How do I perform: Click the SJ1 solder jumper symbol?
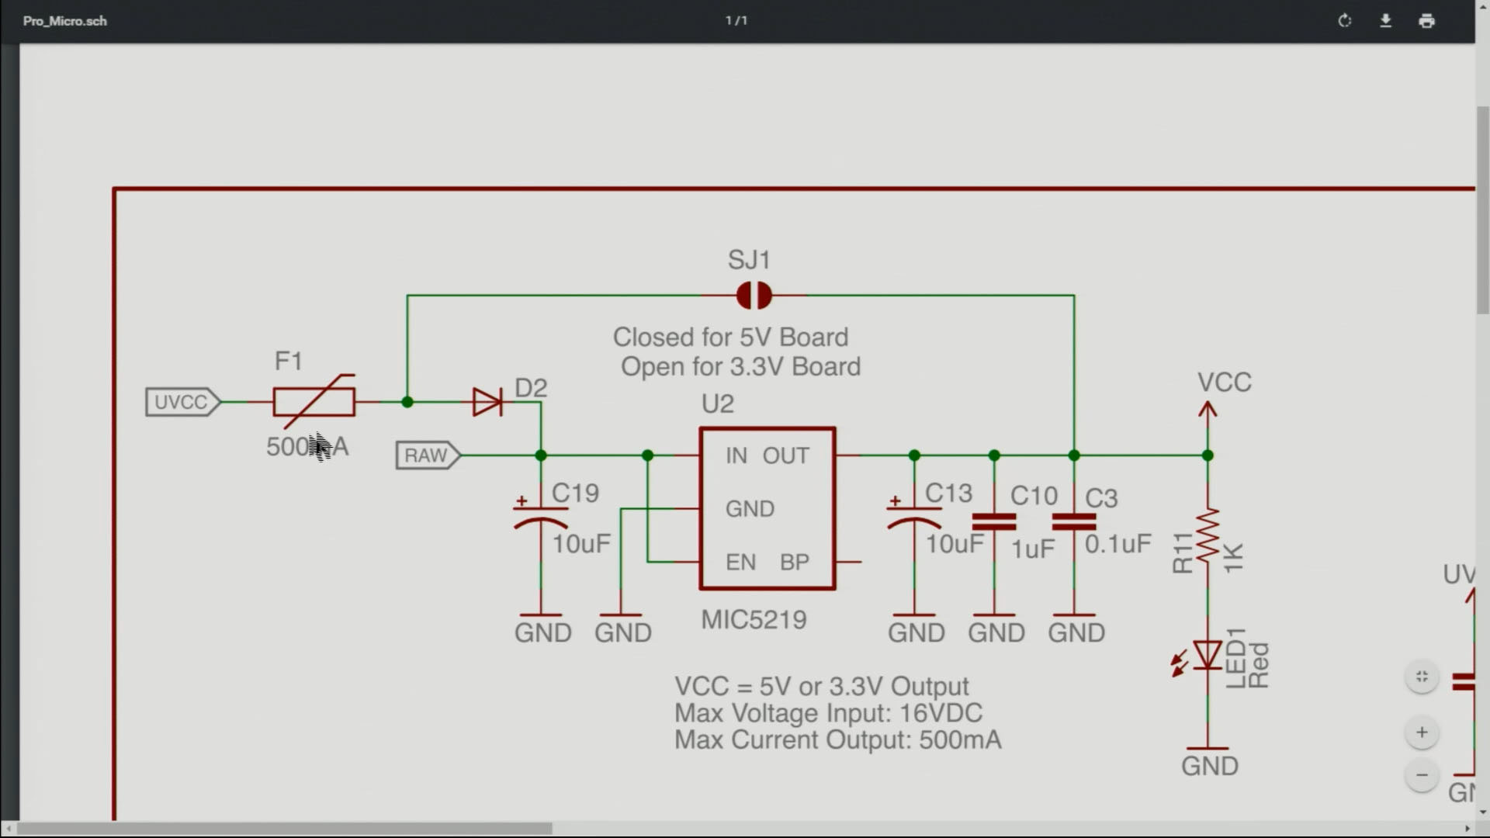tap(754, 296)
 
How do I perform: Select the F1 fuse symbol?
tap(314, 402)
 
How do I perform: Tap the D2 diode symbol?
tap(487, 402)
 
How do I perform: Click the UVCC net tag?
tap(182, 402)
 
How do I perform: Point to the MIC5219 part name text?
tap(754, 620)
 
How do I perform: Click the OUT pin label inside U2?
tap(785, 455)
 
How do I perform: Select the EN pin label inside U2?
tap(740, 562)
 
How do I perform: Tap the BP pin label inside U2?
tap(795, 562)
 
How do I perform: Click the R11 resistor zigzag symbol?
tap(1208, 535)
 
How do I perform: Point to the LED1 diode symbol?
tap(1207, 656)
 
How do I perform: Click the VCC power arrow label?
tap(1224, 383)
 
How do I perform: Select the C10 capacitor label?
tap(1034, 496)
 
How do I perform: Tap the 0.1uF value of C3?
tap(1117, 544)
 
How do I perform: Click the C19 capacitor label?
tap(575, 493)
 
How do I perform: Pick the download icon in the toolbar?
tap(1385, 21)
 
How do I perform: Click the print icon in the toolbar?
tap(1426, 21)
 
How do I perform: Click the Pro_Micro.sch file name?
tap(65, 21)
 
